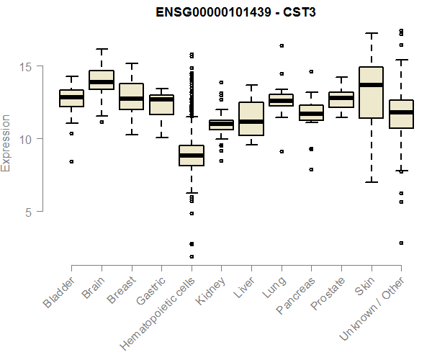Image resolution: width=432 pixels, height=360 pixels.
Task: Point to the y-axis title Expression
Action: (6, 143)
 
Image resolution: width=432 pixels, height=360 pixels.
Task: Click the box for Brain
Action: (102, 79)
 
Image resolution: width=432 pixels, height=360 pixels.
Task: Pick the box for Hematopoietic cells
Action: (192, 156)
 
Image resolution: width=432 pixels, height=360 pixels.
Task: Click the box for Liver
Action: (251, 119)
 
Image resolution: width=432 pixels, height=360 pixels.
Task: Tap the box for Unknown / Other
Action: (400, 114)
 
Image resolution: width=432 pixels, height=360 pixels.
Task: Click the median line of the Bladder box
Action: (71, 97)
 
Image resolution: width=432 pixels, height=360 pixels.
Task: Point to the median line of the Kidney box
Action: (221, 125)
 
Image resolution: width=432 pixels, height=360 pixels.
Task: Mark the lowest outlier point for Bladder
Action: (71, 161)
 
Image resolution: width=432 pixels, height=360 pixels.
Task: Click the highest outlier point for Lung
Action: (281, 45)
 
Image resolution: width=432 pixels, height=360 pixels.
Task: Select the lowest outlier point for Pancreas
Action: (311, 170)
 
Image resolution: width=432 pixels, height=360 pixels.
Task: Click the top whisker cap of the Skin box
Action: (371, 33)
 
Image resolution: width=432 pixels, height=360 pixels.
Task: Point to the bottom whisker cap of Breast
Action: (131, 135)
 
